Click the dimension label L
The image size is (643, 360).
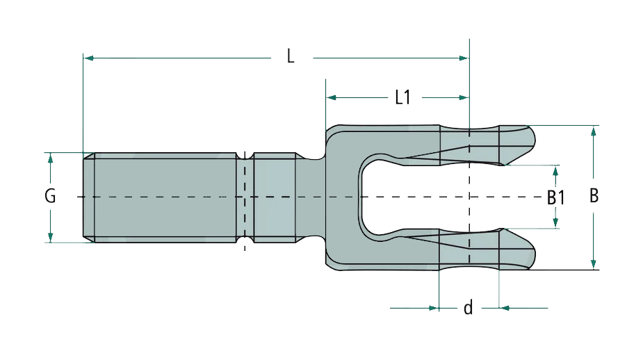(x=291, y=57)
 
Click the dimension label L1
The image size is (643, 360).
(x=402, y=97)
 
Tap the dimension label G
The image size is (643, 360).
(x=50, y=197)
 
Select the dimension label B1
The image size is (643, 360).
(x=555, y=197)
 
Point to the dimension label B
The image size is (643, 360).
(x=594, y=196)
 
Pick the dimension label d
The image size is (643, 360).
(x=469, y=308)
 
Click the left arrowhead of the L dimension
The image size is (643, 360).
(x=88, y=58)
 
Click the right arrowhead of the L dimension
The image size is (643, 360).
(x=464, y=58)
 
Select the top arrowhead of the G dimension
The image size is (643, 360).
(x=51, y=158)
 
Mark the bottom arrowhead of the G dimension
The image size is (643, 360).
(x=51, y=237)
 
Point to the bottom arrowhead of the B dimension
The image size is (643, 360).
(x=593, y=263)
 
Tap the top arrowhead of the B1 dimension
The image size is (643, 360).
(x=555, y=170)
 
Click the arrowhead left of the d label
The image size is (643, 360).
(x=434, y=307)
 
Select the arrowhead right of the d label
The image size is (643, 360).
(x=505, y=307)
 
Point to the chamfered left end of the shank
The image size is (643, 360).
(x=88, y=197)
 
